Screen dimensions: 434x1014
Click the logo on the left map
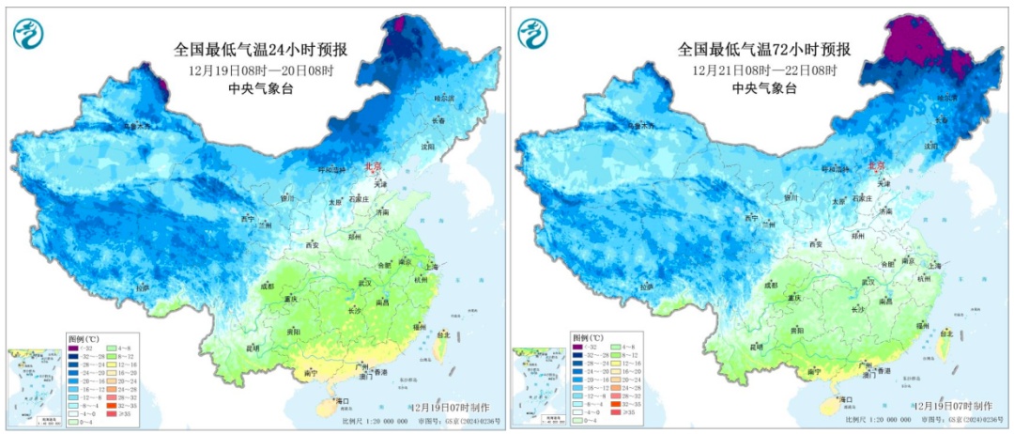[28, 34]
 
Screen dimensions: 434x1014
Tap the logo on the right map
[533, 34]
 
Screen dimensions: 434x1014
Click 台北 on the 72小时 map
[948, 333]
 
